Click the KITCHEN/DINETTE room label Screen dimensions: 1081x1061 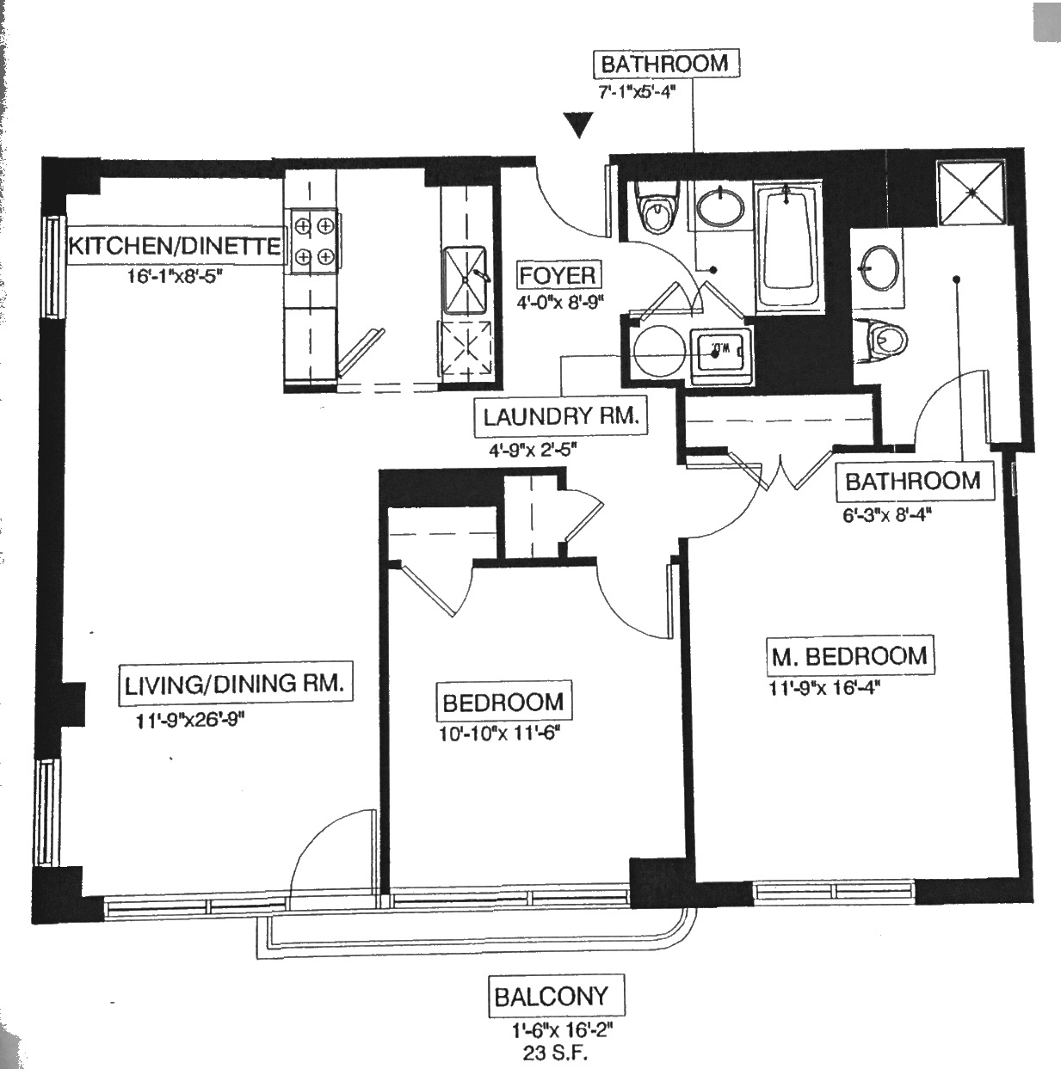tap(174, 246)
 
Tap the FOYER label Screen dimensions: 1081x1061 tap(557, 276)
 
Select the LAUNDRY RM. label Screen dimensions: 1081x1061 tap(560, 417)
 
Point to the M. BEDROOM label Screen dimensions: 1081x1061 tap(848, 656)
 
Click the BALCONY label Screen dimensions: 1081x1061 tap(551, 997)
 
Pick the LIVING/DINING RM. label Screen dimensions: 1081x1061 tap(234, 685)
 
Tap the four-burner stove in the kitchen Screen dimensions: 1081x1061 tap(313, 241)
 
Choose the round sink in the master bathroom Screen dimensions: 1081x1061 tap(877, 267)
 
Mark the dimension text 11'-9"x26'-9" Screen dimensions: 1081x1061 tap(190, 721)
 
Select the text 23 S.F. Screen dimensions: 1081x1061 tap(563, 1052)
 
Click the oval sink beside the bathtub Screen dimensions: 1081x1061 tap(719, 207)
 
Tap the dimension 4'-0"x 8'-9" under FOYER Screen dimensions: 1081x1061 tap(557, 303)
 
